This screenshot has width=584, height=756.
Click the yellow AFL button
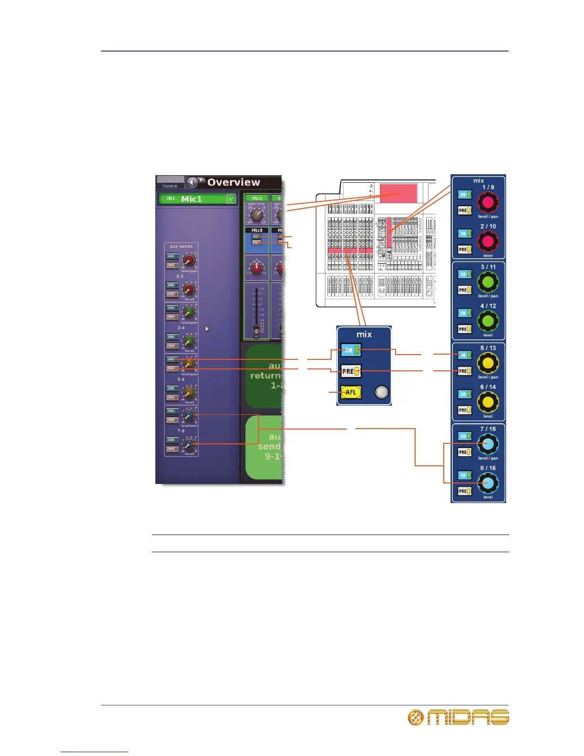pos(351,392)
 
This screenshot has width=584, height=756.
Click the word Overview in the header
pos(233,182)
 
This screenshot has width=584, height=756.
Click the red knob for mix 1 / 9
pos(488,202)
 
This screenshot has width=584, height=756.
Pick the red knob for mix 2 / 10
pos(488,241)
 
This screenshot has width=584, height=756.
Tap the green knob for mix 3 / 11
pos(488,282)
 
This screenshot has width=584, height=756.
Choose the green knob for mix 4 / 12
pos(488,321)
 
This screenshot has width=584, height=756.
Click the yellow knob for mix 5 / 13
pos(488,363)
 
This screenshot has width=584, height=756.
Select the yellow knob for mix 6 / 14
pos(488,402)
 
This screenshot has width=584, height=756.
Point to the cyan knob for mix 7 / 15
pos(488,444)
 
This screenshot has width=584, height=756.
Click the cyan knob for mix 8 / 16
pos(488,483)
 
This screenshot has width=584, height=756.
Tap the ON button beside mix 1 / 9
pos(464,195)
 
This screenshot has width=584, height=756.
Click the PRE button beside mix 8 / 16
pos(464,491)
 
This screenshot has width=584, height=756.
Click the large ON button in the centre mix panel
pos(351,350)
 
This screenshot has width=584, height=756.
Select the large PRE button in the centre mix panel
pos(351,371)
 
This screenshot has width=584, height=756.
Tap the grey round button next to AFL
pos(382,392)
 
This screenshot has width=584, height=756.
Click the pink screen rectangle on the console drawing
pos(398,194)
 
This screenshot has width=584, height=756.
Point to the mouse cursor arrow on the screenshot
pos(207,329)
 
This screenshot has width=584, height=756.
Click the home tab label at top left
pos(170,186)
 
